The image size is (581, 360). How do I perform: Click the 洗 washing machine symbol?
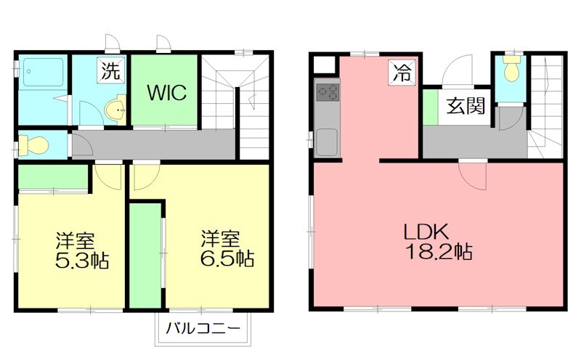(110, 71)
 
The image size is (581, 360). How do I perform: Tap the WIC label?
(168, 93)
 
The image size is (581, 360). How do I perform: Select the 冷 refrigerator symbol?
(402, 71)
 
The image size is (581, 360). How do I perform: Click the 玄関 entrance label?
(465, 106)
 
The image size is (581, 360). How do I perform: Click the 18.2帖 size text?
(439, 253)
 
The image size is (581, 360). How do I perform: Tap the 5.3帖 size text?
(82, 260)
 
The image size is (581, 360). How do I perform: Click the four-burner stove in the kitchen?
(328, 92)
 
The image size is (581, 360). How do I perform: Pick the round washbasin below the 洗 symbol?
(115, 111)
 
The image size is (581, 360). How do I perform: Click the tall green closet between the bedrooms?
(145, 254)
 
